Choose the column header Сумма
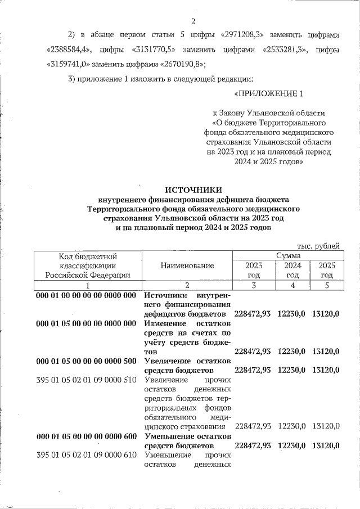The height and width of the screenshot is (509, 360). [287, 255]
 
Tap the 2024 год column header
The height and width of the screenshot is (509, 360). [292, 270]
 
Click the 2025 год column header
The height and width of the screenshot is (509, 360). [326, 270]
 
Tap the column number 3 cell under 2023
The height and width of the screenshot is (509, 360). [254, 285]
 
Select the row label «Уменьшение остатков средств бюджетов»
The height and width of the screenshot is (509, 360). [187, 440]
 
